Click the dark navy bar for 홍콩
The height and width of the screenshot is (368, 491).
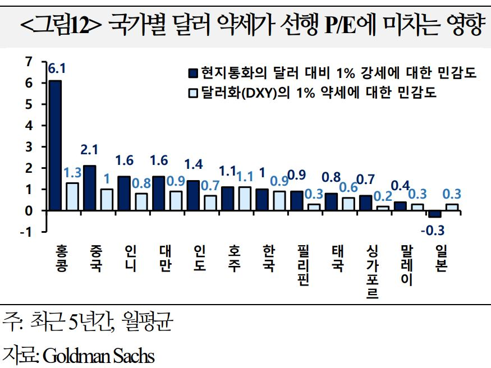click(55, 145)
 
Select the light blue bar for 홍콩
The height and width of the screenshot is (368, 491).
click(72, 196)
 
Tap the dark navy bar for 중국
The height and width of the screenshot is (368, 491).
click(89, 188)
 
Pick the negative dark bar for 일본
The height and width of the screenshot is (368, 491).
click(435, 214)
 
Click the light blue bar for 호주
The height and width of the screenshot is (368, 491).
click(245, 199)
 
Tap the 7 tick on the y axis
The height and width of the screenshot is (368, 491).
click(29, 62)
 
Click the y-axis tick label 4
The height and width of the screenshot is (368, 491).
click(29, 125)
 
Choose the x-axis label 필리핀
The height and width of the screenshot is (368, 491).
click(304, 265)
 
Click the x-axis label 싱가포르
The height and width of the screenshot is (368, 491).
click(372, 272)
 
